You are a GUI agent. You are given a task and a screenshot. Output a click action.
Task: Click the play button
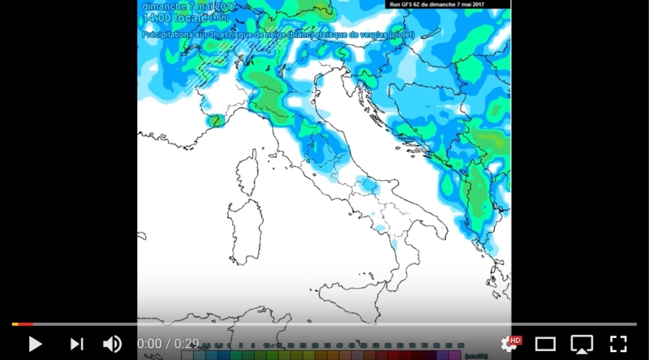[x=35, y=344]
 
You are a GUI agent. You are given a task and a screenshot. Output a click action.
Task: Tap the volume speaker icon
[x=112, y=344]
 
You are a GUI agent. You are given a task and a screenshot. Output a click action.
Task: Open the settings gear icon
[x=509, y=345]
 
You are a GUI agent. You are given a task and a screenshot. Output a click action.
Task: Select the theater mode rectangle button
[x=545, y=344]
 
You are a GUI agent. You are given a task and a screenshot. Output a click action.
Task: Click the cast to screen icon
[x=582, y=344]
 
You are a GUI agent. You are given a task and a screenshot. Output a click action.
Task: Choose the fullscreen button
[x=618, y=344]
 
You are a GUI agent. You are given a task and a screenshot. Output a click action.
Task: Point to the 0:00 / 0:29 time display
[x=168, y=344]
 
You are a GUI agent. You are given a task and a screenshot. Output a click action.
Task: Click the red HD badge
[x=516, y=340]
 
